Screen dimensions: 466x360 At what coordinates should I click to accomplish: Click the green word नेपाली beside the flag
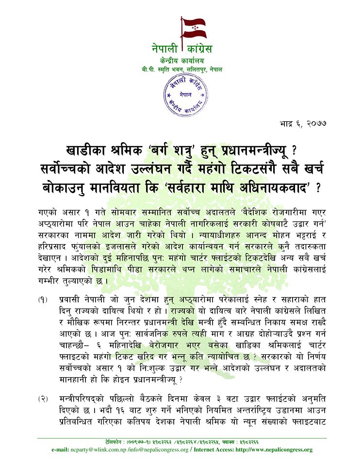tap(164, 49)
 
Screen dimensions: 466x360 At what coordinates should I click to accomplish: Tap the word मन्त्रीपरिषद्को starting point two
tap(83, 399)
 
